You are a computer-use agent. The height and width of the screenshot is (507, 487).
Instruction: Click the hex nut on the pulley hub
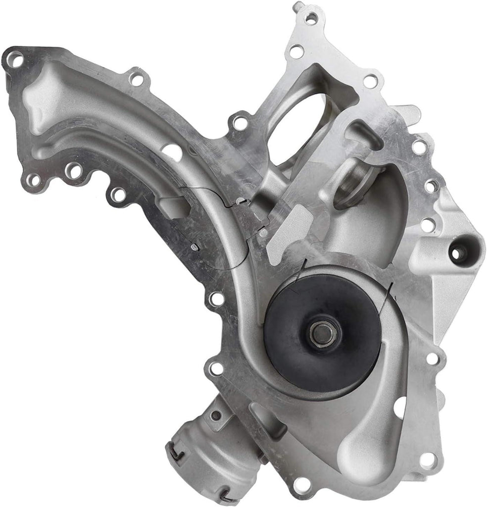(324, 333)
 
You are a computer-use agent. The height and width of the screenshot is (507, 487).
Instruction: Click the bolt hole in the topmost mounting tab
(311, 19)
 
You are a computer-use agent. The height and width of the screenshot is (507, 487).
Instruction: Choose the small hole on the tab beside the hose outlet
(216, 415)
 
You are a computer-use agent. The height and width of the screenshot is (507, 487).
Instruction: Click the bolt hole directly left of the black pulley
(216, 299)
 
